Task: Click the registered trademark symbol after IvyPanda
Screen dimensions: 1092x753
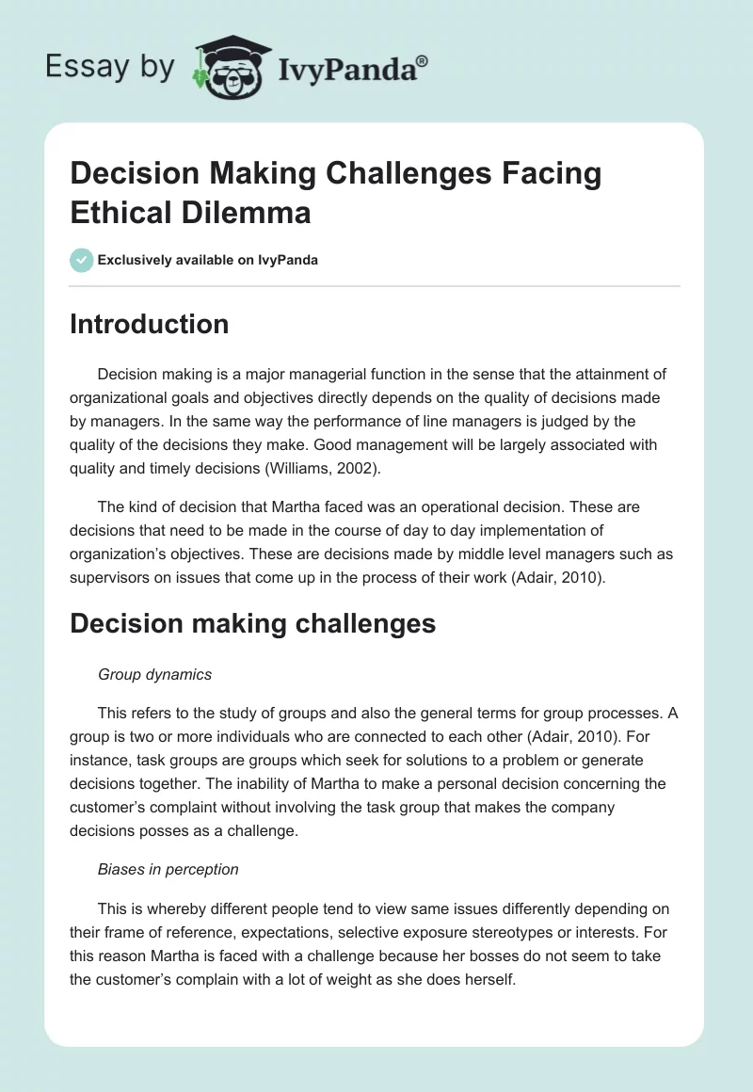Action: click(423, 61)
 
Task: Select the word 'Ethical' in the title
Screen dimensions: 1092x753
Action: click(119, 212)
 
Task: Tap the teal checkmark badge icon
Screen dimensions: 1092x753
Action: click(82, 260)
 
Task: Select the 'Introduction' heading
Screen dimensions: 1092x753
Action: click(149, 324)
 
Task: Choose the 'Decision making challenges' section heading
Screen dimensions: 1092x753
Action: click(252, 623)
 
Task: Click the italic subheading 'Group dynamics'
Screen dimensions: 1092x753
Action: click(154, 674)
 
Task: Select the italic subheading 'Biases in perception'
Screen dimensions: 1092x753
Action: click(168, 870)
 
